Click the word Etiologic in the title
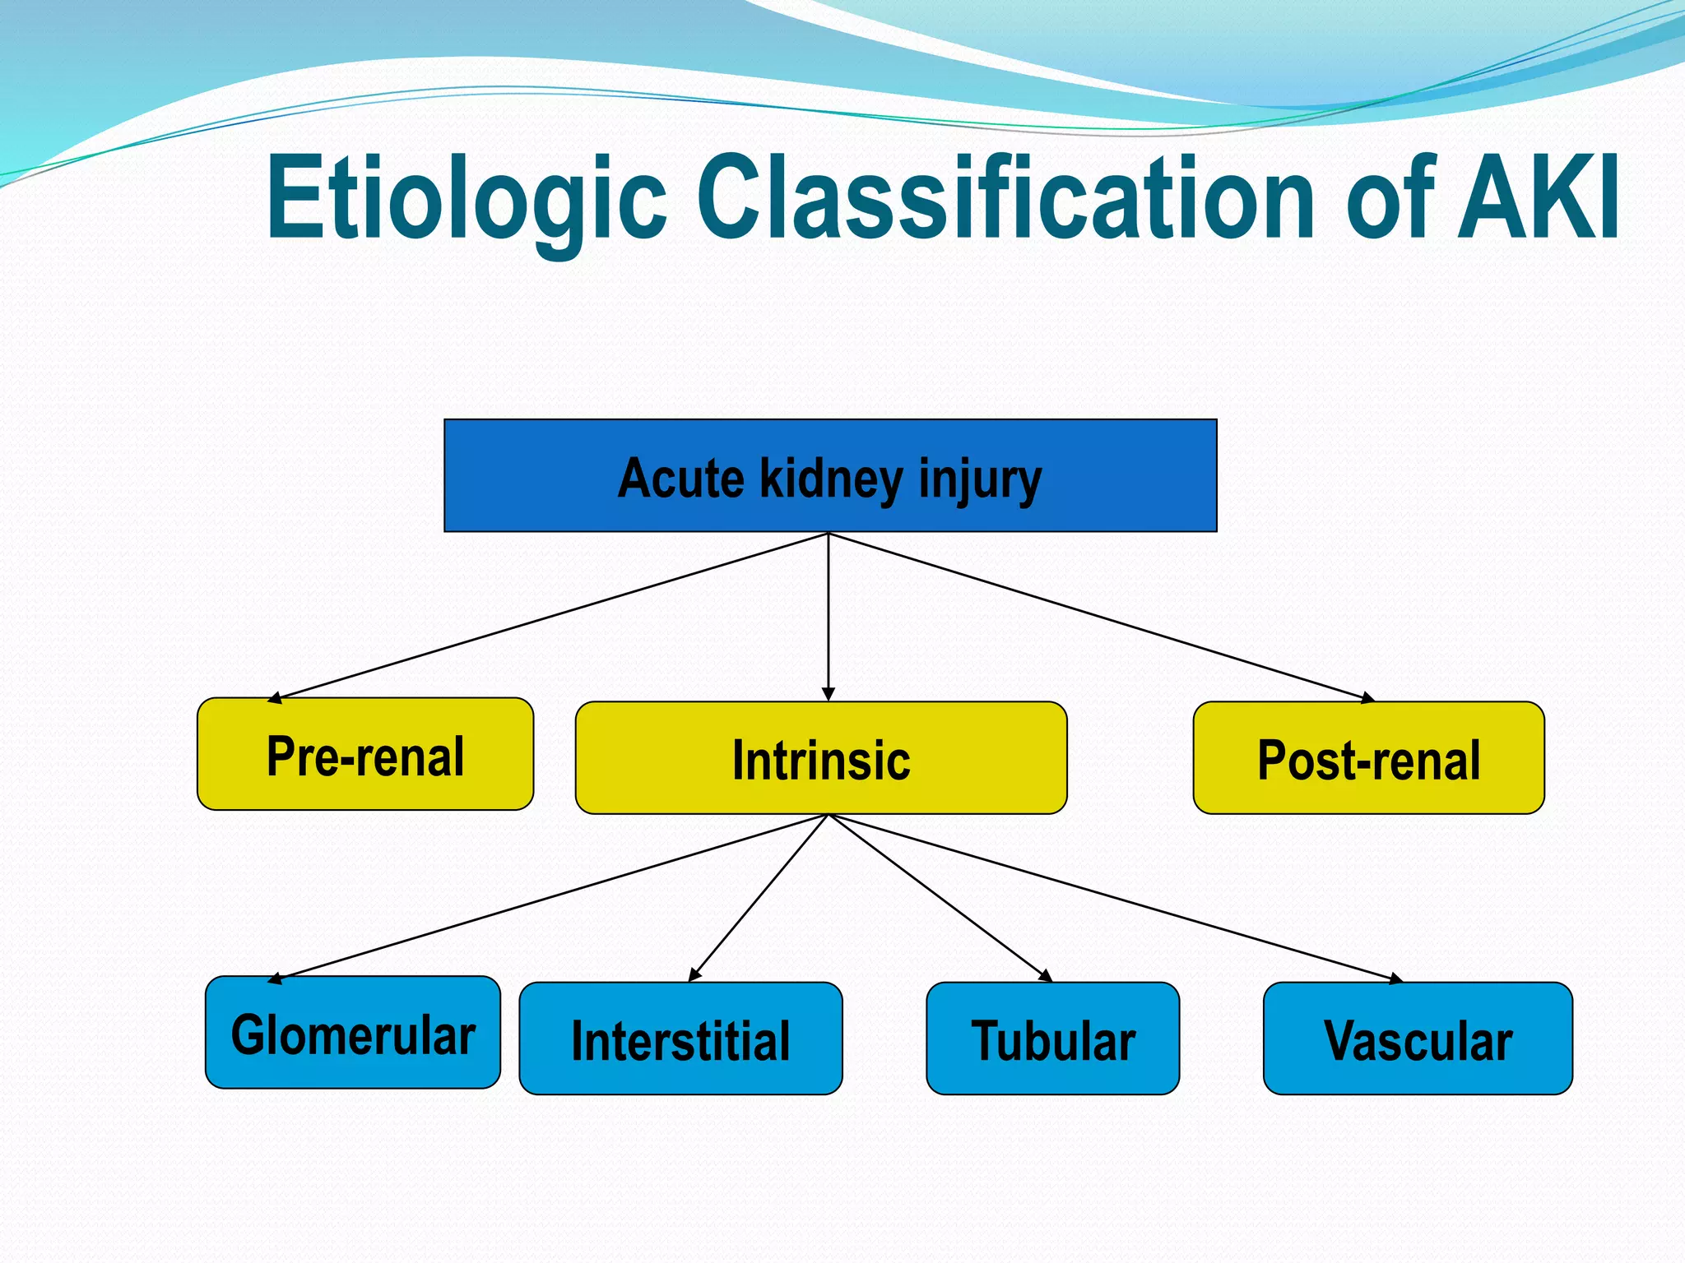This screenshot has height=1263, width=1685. (466, 199)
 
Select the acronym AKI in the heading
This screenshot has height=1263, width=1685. (1538, 199)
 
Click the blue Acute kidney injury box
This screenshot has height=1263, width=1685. (829, 476)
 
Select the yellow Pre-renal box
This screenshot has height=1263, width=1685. (364, 755)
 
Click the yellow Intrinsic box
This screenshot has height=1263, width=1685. (820, 758)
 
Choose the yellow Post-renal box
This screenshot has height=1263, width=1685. (1367, 758)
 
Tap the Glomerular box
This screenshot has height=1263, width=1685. (352, 1033)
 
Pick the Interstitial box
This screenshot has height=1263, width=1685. (680, 1039)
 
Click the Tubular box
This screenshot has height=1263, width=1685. (1052, 1039)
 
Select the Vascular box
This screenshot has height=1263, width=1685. (1417, 1039)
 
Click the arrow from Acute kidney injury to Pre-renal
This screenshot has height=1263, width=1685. (548, 617)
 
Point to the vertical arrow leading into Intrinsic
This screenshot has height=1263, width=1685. (829, 617)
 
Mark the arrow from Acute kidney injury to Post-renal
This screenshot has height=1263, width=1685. (1101, 617)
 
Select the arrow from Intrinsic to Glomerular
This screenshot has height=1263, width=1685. (548, 897)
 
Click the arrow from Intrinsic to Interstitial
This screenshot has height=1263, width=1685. (759, 897)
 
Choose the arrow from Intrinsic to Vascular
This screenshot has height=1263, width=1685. (1115, 897)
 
